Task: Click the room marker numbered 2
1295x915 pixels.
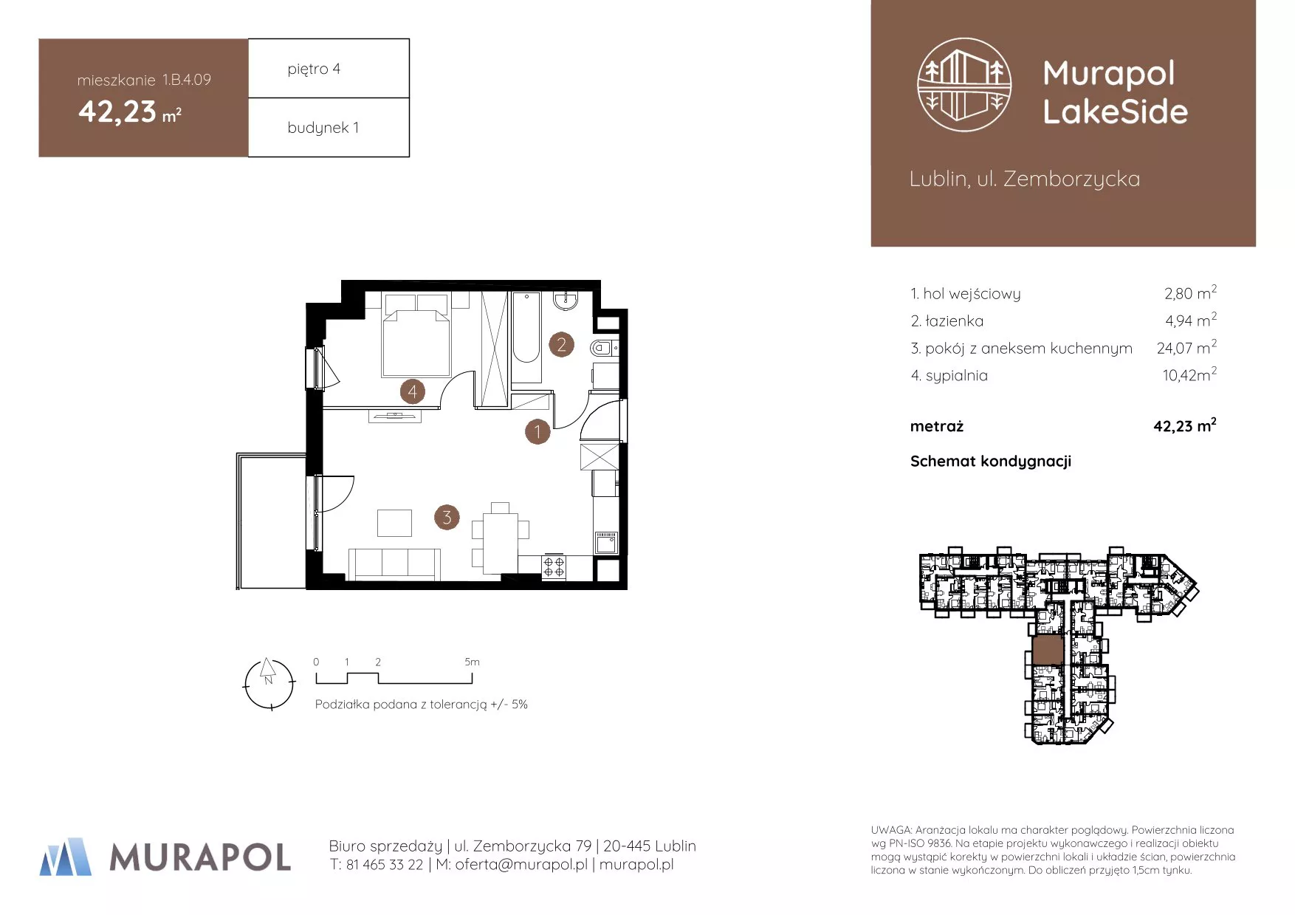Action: click(561, 344)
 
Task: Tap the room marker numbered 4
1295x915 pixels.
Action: click(412, 391)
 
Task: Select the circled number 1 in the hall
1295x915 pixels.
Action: click(537, 431)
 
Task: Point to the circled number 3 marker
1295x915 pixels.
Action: click(447, 517)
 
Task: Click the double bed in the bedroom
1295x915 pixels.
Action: click(416, 335)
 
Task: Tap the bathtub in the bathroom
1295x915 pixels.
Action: click(526, 337)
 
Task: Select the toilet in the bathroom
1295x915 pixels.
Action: click(604, 348)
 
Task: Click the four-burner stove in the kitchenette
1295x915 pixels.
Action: click(554, 567)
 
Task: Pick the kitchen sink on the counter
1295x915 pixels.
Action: click(606, 543)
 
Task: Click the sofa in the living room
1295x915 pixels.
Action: click(394, 564)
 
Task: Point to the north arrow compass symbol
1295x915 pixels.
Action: click(269, 684)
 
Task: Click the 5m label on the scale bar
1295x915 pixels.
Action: click(472, 662)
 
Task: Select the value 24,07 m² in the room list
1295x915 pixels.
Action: click(1186, 347)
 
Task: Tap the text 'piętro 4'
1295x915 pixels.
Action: click(314, 69)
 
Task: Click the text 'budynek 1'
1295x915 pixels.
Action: click(323, 127)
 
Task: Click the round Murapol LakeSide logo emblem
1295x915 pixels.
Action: click(964, 85)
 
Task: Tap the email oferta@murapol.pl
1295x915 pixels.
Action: click(521, 864)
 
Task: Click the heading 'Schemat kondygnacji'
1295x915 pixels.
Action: click(991, 462)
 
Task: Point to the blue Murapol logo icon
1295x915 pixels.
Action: click(66, 857)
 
